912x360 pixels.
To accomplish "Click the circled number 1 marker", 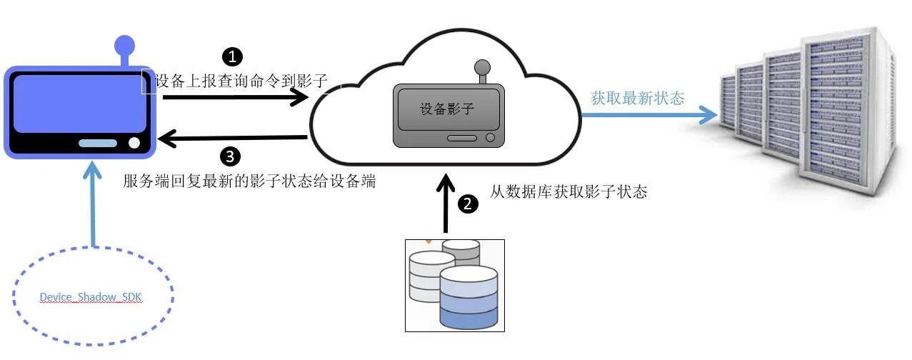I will click(x=233, y=56).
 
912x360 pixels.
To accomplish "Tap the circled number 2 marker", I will click(x=468, y=204).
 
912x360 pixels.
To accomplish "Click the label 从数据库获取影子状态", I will click(x=568, y=191).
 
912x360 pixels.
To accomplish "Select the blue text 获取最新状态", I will click(x=637, y=98).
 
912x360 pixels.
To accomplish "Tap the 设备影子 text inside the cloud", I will click(x=446, y=109).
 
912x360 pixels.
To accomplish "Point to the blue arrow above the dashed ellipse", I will click(x=93, y=203).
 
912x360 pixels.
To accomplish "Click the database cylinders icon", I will click(x=454, y=285).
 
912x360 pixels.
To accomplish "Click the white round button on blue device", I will click(x=134, y=142).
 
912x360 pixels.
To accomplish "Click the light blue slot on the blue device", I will click(x=98, y=143).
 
